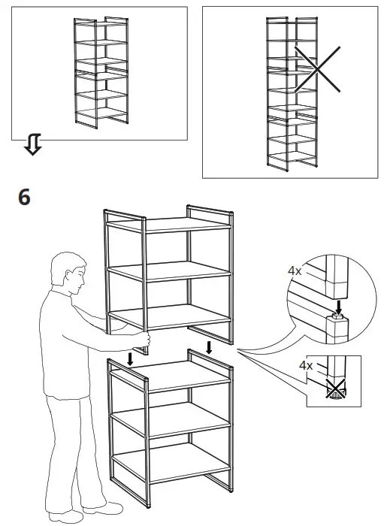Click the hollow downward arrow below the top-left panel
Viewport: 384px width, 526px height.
pyautogui.click(x=32, y=146)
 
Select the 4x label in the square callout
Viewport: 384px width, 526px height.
pyautogui.click(x=306, y=365)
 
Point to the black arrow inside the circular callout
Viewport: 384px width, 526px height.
pyautogui.click(x=340, y=307)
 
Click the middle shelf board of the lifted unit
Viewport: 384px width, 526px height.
pyautogui.click(x=170, y=271)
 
